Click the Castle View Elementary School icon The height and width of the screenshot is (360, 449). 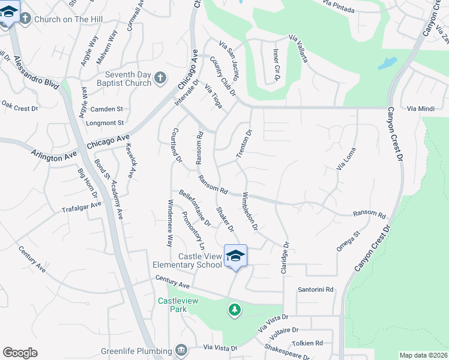point(235,256)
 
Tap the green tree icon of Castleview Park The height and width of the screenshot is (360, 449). point(234,310)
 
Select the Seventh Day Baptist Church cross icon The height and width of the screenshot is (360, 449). point(160,77)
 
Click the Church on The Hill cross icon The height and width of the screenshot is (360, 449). point(25,19)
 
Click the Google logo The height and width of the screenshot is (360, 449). point(20,353)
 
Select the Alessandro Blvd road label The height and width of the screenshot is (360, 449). point(37,72)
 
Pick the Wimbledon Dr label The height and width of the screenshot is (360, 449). point(249,211)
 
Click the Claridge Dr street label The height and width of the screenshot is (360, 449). point(285,259)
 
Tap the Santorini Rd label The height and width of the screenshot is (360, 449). point(316,290)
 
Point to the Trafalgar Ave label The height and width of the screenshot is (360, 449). point(81,208)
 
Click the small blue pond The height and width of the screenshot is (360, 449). point(387,63)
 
